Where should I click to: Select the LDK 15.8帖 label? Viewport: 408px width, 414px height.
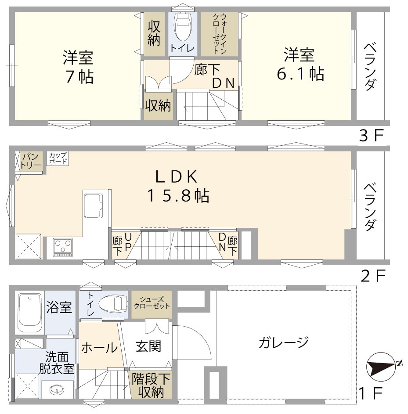pyautogui.click(x=177, y=185)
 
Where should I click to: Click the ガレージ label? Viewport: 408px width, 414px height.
pyautogui.click(x=283, y=341)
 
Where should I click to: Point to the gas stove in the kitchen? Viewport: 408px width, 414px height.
pyautogui.click(x=63, y=247)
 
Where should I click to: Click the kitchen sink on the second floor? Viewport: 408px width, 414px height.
pyautogui.click(x=94, y=205)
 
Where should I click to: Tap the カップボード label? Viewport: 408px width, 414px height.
pyautogui.click(x=58, y=158)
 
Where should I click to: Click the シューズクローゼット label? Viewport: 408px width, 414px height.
pyautogui.click(x=152, y=302)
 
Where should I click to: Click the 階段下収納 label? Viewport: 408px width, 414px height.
pyautogui.click(x=151, y=385)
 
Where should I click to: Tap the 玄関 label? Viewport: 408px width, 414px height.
pyautogui.click(x=148, y=346)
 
